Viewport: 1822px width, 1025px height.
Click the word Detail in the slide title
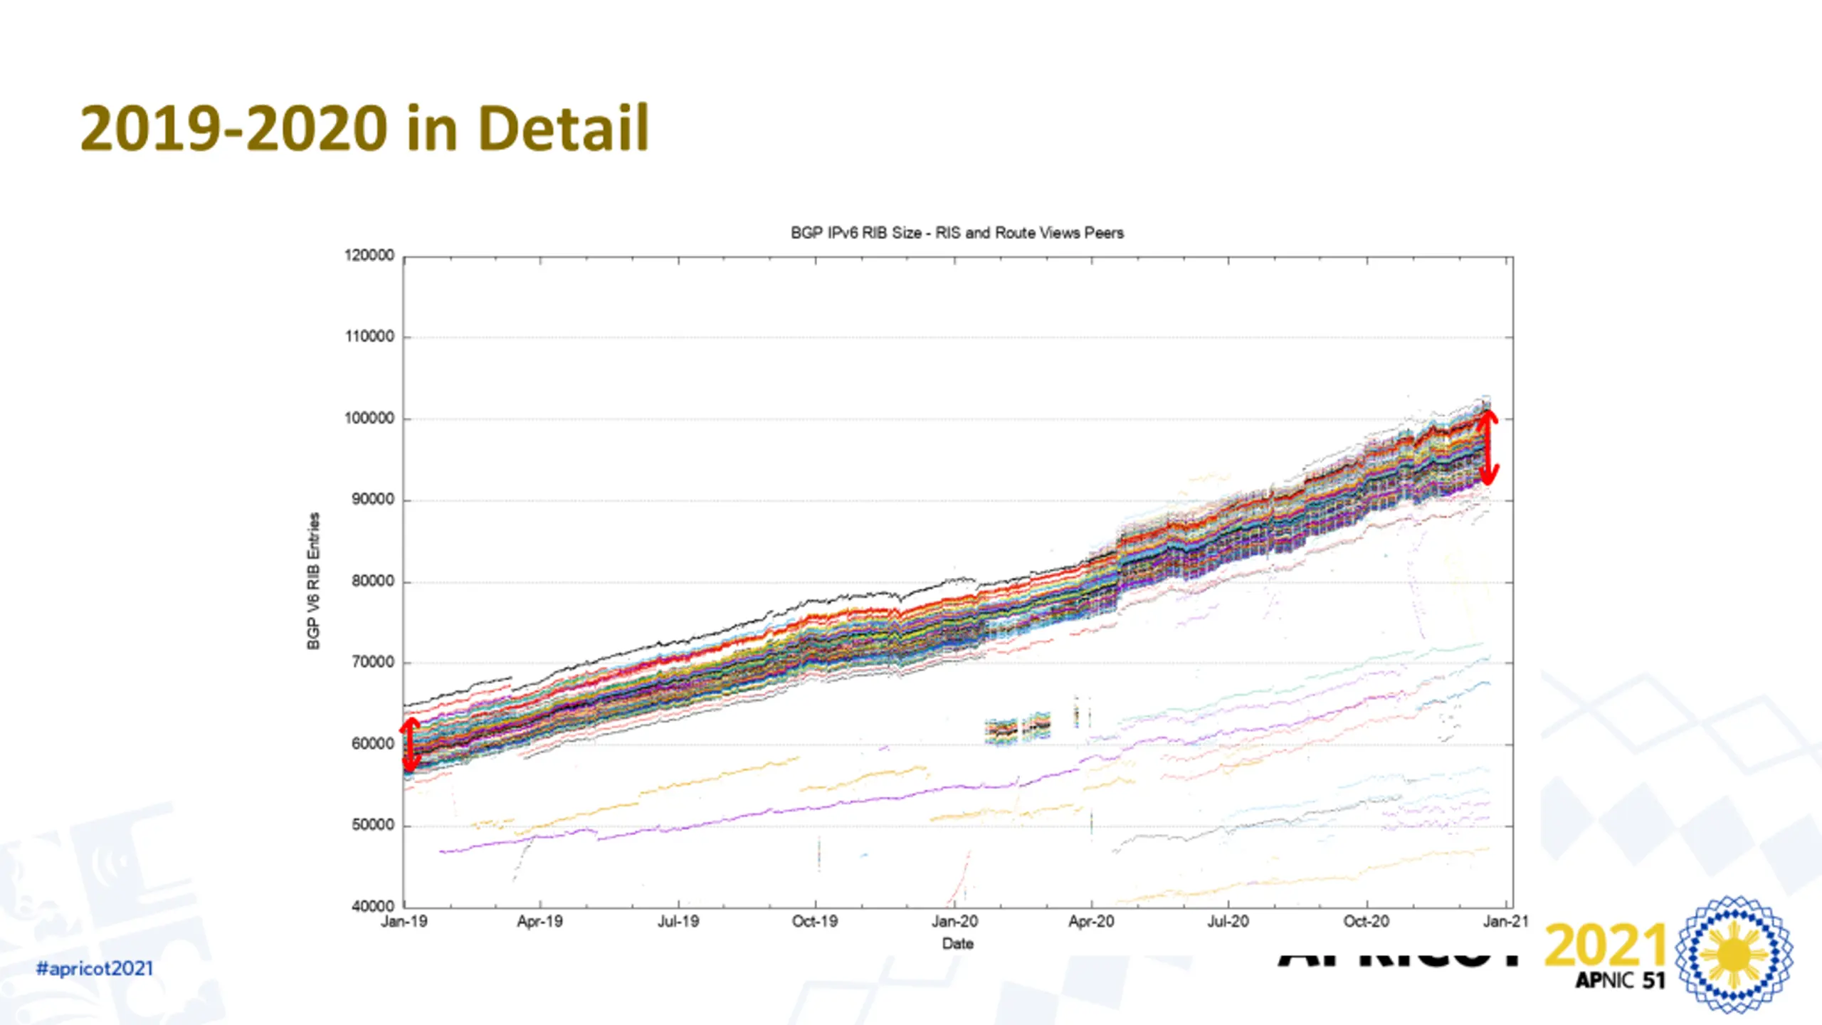pyautogui.click(x=563, y=129)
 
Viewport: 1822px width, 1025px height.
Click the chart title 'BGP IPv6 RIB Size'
pyautogui.click(x=957, y=233)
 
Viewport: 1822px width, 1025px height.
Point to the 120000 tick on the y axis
pyautogui.click(x=369, y=256)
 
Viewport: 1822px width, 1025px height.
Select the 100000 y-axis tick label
pyautogui.click(x=369, y=419)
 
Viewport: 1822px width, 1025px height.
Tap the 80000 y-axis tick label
pyautogui.click(x=372, y=582)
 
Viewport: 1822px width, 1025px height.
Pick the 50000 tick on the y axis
pyautogui.click(x=372, y=826)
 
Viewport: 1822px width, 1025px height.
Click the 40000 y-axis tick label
pyautogui.click(x=372, y=907)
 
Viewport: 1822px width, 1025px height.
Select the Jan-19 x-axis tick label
pyautogui.click(x=404, y=922)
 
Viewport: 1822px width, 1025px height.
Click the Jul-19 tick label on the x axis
pyautogui.click(x=678, y=922)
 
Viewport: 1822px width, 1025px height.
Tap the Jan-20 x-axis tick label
pyautogui.click(x=954, y=922)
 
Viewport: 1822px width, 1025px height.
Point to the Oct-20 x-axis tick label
pyautogui.click(x=1366, y=922)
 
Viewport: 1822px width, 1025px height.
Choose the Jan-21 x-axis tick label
pyautogui.click(x=1505, y=922)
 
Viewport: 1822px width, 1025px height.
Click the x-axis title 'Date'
pyautogui.click(x=957, y=944)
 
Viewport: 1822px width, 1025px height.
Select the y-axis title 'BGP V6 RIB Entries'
pyautogui.click(x=313, y=581)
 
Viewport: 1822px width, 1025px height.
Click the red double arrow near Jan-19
pyautogui.click(x=410, y=745)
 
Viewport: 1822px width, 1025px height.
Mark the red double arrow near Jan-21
pyautogui.click(x=1488, y=448)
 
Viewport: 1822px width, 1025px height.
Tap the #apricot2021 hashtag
pyautogui.click(x=95, y=969)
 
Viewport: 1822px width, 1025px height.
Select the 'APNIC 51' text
pyautogui.click(x=1620, y=981)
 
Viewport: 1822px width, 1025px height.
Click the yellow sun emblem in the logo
pyautogui.click(x=1734, y=955)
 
